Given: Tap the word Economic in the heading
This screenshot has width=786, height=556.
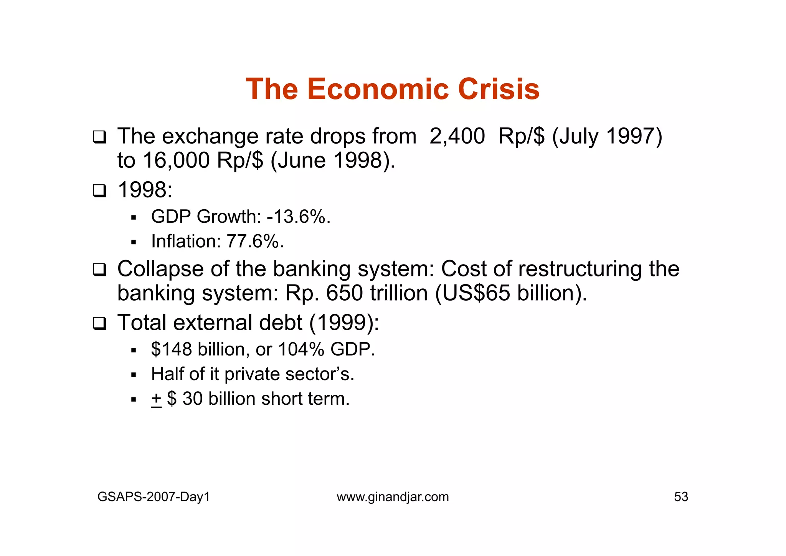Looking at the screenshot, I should pyautogui.click(x=378, y=89).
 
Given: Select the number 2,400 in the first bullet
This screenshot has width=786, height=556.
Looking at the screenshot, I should pyautogui.click(x=457, y=136).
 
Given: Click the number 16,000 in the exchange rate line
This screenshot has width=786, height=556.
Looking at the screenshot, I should pyautogui.click(x=176, y=161).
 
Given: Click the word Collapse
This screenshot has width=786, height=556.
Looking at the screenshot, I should pyautogui.click(x=160, y=269).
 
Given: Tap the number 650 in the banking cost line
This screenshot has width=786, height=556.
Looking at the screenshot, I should pyautogui.click(x=344, y=293).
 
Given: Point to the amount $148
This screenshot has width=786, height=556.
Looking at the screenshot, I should pyautogui.click(x=172, y=349).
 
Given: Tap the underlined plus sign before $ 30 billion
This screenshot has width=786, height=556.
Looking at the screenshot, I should pyautogui.click(x=156, y=399).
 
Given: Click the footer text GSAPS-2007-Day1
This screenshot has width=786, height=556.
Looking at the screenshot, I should pyautogui.click(x=154, y=497).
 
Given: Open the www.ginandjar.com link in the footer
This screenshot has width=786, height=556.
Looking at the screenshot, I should pyautogui.click(x=393, y=497).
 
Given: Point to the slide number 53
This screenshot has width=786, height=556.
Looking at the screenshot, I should pyautogui.click(x=681, y=497).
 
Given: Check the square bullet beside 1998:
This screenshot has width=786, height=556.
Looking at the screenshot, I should pyautogui.click(x=99, y=191).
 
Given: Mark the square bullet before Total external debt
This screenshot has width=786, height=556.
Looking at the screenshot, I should pyautogui.click(x=99, y=323).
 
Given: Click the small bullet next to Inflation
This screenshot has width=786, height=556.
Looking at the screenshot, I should pyautogui.click(x=134, y=242).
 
